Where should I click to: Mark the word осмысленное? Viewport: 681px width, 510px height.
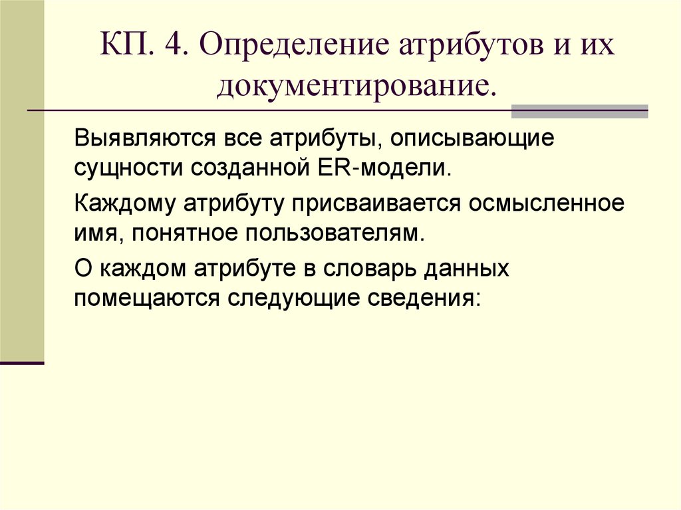click(x=547, y=203)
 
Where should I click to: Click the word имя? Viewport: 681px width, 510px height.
click(x=94, y=231)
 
